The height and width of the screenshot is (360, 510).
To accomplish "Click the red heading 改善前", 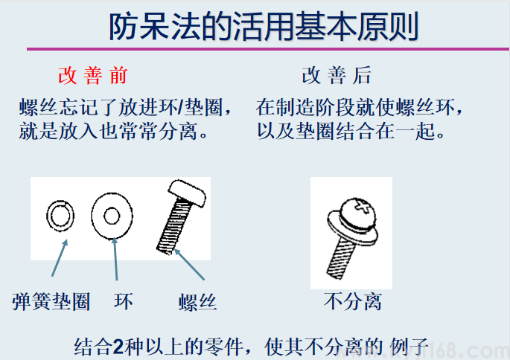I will (93, 75).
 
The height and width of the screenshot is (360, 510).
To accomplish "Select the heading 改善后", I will (336, 75).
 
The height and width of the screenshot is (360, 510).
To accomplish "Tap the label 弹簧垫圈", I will (51, 301).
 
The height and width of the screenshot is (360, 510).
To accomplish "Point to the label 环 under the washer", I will (123, 301).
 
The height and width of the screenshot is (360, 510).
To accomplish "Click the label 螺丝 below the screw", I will (197, 302).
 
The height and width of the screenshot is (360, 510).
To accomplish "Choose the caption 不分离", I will (353, 302).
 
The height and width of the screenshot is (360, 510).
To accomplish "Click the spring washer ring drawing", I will (60, 216).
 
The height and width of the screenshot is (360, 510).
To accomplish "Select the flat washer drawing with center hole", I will (112, 216).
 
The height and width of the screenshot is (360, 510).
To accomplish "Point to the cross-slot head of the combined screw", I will (359, 207).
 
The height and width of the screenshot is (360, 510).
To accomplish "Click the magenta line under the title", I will (268, 49).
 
